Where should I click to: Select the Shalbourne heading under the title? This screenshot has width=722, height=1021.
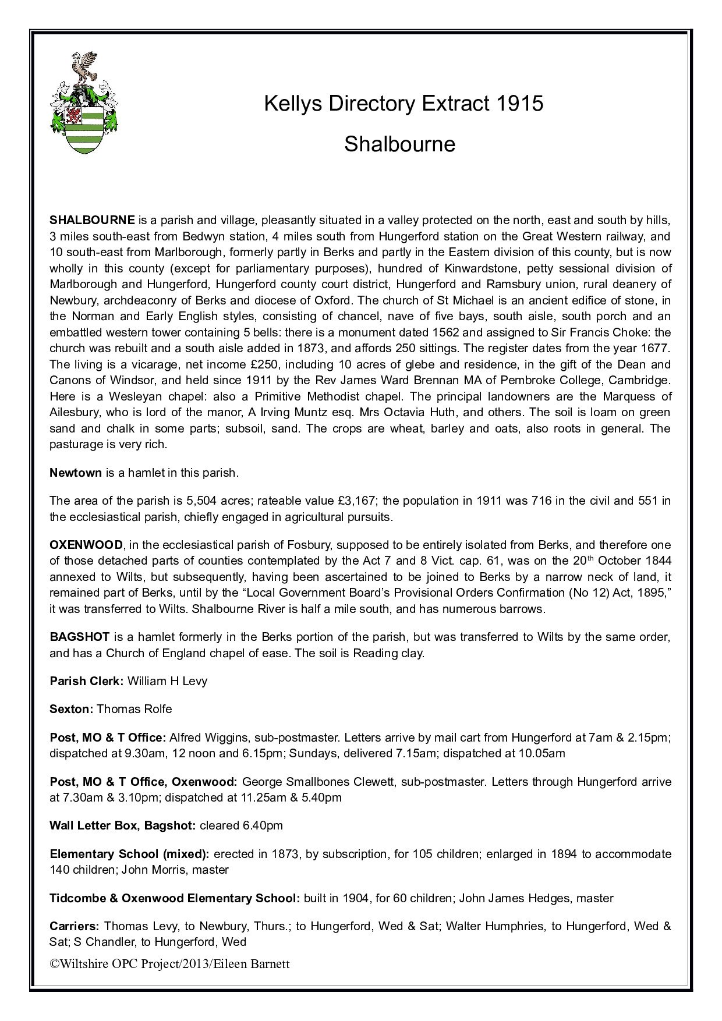399,143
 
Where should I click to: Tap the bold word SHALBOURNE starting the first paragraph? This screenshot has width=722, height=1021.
93,221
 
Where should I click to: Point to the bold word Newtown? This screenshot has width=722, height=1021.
76,473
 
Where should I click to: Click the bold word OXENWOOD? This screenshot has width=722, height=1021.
86,545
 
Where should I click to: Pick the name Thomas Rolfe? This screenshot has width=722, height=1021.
134,709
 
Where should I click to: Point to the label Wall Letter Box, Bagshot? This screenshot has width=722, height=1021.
123,825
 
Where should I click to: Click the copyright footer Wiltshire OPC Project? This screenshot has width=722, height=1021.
169,964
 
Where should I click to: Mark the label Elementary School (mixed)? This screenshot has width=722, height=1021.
129,854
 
